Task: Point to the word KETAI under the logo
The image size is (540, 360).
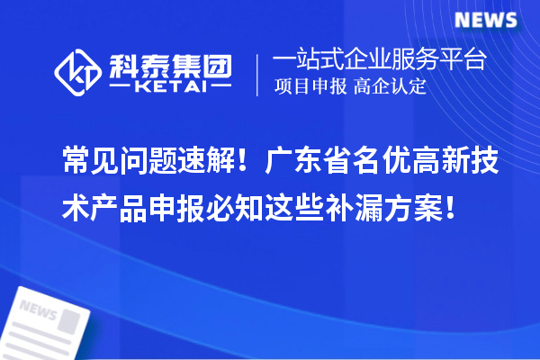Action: (170, 87)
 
